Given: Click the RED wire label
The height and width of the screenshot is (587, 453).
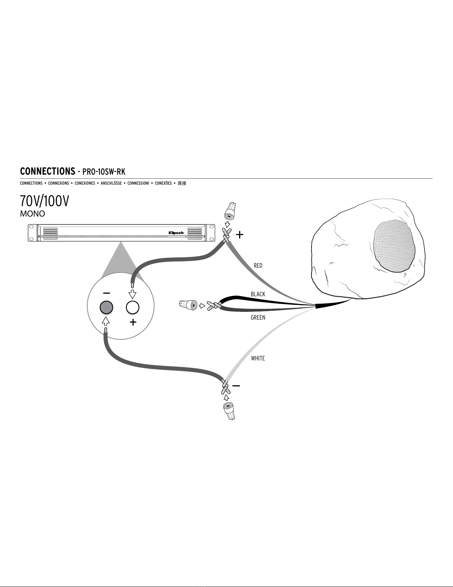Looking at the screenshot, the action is pos(258,266).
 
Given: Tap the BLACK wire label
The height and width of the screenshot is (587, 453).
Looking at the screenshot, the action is pos(258,294).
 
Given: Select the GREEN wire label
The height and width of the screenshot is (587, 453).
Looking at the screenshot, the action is pos(258,317).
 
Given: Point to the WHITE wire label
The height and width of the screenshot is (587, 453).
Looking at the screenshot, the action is pos(258,358).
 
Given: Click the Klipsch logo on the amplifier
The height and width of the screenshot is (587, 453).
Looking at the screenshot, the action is pos(176,233).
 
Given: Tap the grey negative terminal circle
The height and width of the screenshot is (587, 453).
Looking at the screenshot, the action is pos(106,307).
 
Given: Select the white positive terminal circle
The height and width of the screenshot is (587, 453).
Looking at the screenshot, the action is pos(133,307).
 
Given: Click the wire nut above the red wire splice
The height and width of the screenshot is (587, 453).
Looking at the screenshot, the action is pos(230,211).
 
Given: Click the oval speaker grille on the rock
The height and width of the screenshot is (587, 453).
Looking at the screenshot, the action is pos(394,246).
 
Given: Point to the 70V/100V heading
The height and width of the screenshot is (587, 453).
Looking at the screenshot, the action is pos(44,201).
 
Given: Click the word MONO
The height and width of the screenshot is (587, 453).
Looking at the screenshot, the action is pos(32,214).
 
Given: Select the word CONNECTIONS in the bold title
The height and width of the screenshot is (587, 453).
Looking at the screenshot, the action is pos(48,171).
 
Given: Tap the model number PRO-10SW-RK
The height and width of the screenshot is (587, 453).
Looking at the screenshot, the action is pos(104,172).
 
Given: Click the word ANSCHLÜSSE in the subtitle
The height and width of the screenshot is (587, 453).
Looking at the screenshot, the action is pos(111,183).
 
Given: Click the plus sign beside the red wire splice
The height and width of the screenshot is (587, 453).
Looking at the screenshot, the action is pos(239,235).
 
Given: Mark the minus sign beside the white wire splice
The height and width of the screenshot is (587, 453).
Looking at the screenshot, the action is pos(236,386).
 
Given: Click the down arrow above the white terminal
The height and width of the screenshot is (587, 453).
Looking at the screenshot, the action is pos(132,294).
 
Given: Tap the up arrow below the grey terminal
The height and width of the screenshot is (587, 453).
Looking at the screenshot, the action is pos(106,321).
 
